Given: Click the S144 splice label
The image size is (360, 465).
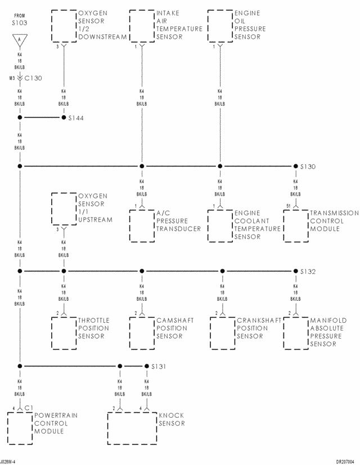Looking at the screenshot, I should click(x=76, y=119).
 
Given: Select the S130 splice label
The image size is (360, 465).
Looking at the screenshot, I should click(x=308, y=167).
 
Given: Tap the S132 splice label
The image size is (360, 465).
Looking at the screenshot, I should click(x=308, y=272).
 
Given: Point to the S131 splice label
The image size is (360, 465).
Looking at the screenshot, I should click(x=159, y=366).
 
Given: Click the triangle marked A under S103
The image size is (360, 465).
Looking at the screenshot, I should click(x=19, y=40).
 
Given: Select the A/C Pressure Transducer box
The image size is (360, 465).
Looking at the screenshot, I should click(x=142, y=226).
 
